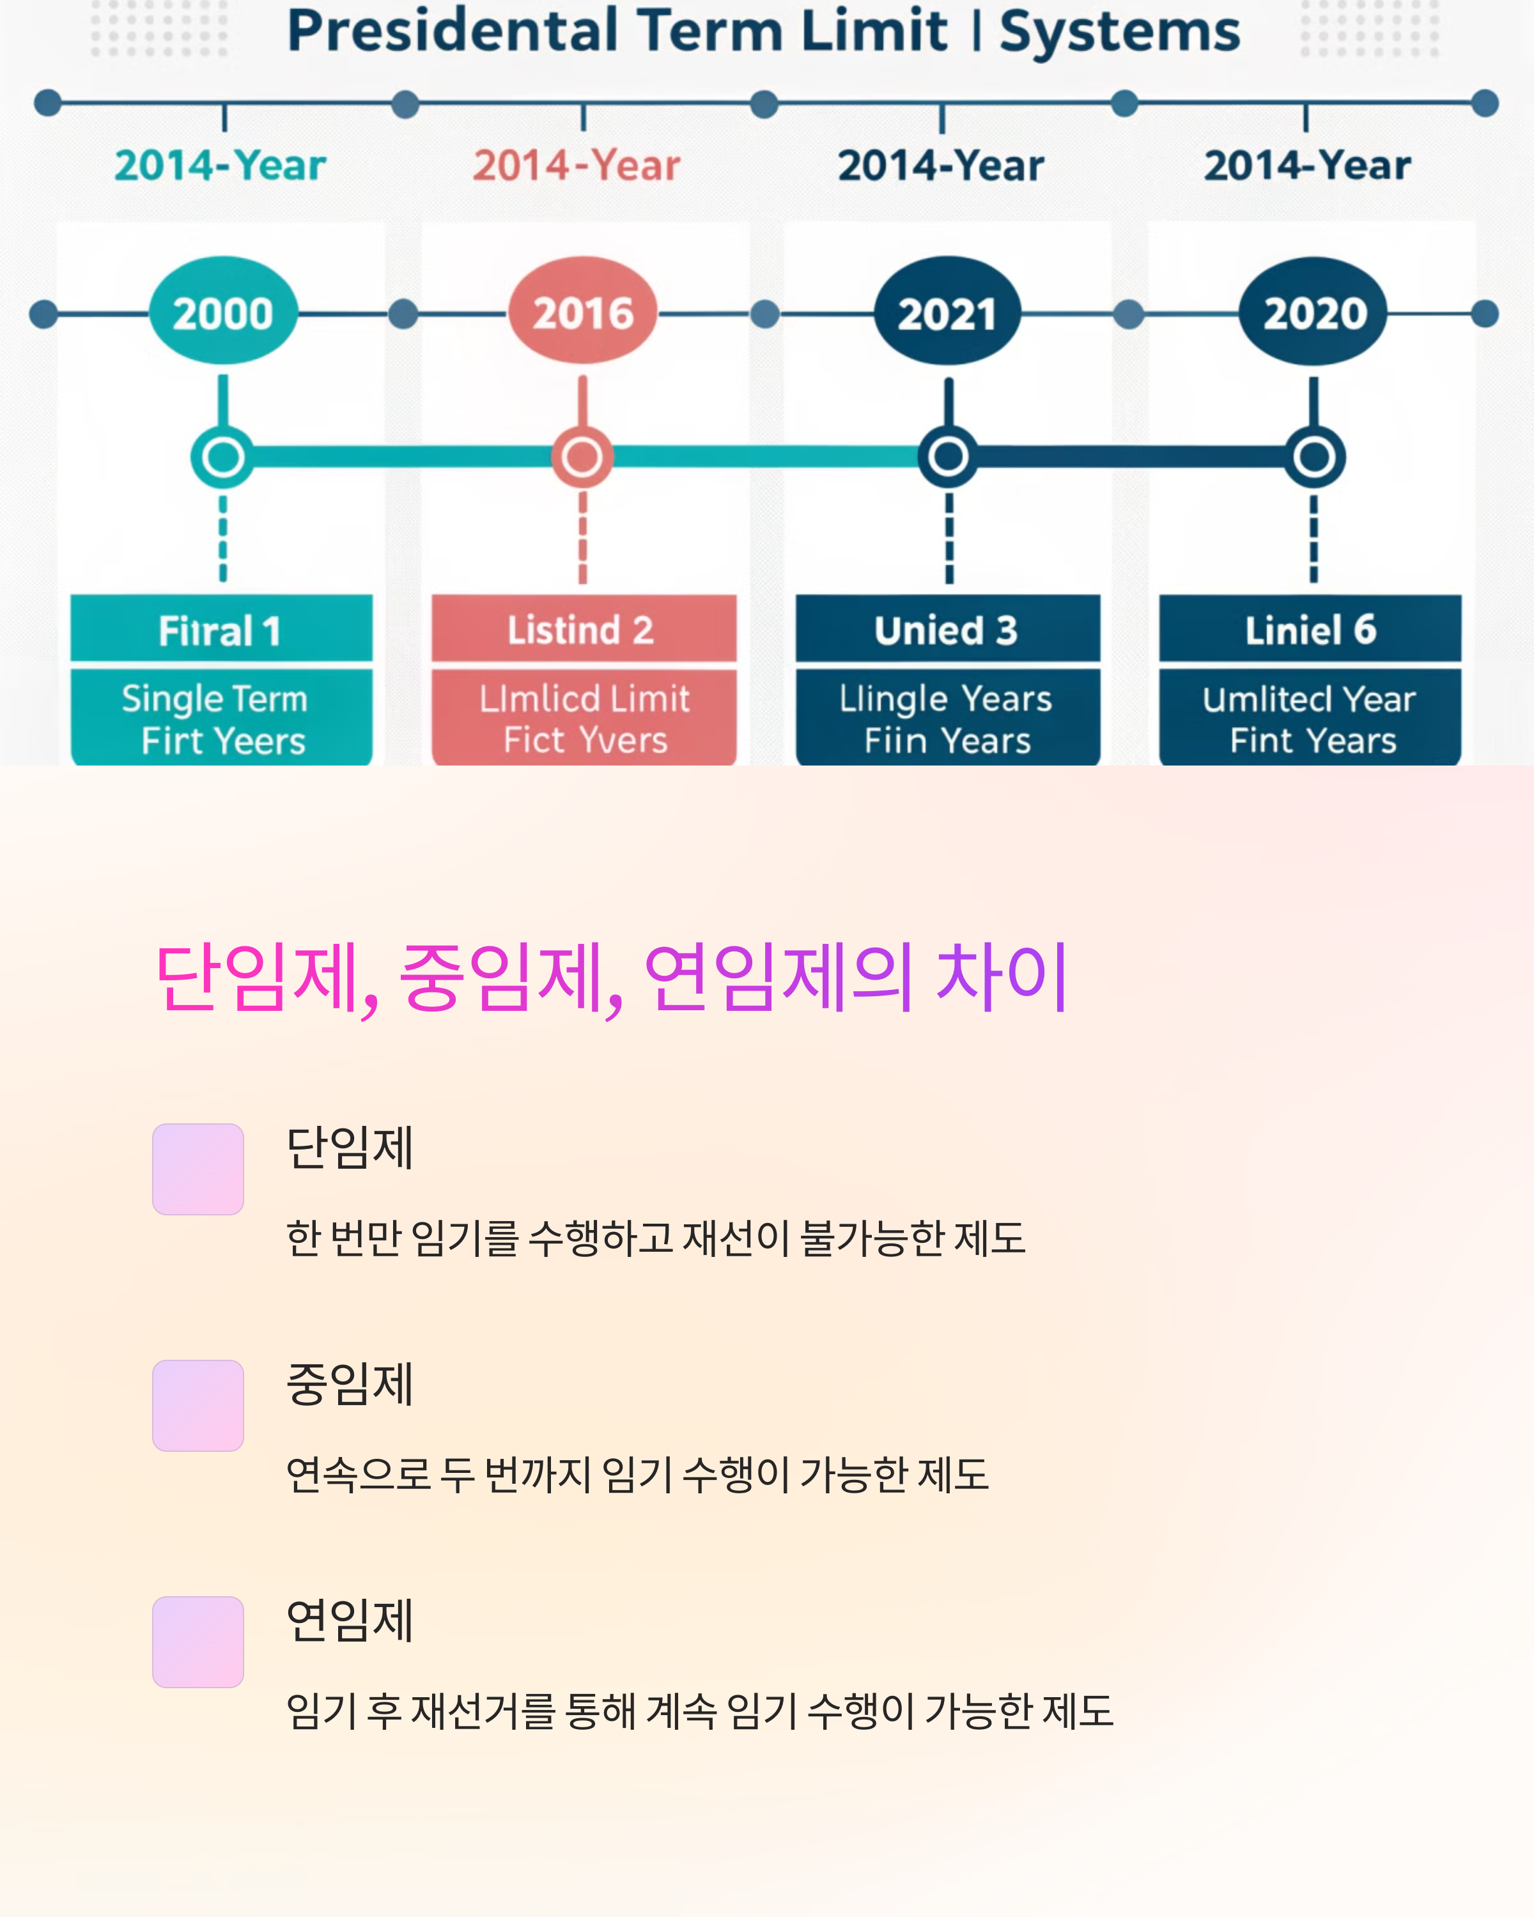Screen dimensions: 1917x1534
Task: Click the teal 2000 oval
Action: (223, 311)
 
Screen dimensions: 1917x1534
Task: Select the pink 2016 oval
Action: (582, 311)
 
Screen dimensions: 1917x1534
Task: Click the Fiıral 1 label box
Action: (221, 629)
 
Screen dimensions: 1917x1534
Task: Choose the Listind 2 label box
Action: (584, 629)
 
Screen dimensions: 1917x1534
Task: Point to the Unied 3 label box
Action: (947, 629)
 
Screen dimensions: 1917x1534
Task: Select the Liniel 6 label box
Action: (1310, 629)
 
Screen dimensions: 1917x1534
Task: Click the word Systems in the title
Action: (1120, 32)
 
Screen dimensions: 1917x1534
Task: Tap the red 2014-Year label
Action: (577, 166)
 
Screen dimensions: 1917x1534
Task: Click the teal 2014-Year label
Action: (220, 166)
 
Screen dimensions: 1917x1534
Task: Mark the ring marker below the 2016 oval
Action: (582, 457)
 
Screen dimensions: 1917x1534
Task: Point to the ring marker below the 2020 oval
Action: (1313, 457)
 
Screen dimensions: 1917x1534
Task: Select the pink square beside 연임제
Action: (198, 1642)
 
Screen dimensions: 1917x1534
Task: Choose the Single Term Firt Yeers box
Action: (221, 718)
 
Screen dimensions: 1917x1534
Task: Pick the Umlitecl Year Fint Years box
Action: (1310, 718)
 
